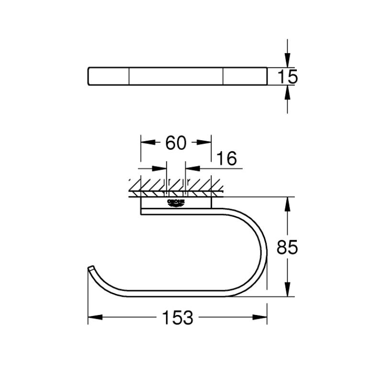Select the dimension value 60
tap(175, 142)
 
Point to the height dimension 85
tap(288, 248)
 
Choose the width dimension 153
tap(177, 317)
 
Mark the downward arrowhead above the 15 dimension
tap(287, 61)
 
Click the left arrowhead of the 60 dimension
tap(146, 142)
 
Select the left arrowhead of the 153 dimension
tap(94, 317)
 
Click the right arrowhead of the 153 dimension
tap(260, 317)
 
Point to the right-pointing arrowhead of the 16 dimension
tap(160, 168)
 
